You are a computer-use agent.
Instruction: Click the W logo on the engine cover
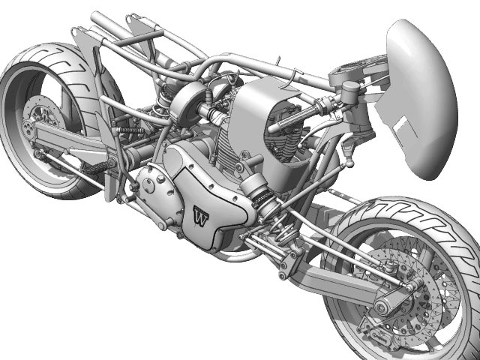point(200,217)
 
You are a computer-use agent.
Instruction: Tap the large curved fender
point(420,98)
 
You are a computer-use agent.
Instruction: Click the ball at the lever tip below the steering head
point(349,164)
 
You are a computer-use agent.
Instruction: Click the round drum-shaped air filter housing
point(187,103)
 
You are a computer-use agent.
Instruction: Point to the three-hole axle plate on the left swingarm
point(28,129)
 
